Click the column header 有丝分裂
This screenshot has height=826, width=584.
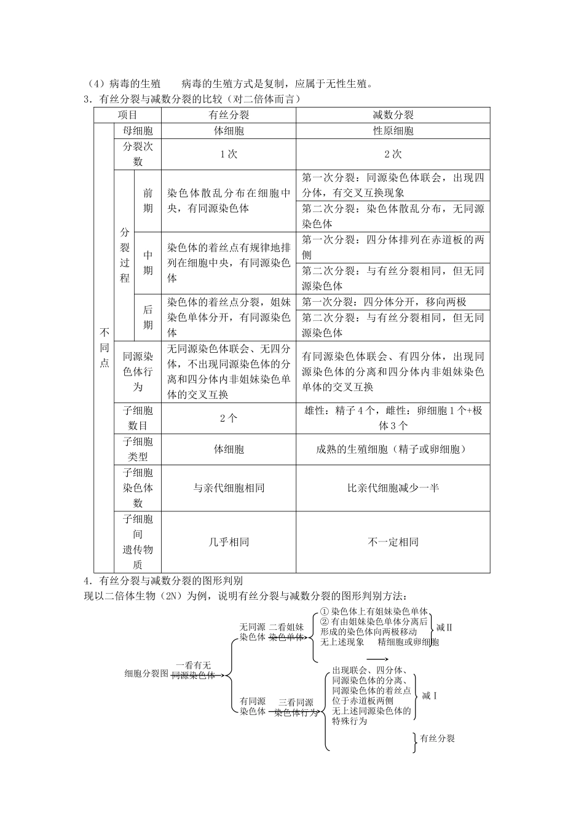coord(229,115)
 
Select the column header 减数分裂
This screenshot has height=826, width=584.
coord(393,115)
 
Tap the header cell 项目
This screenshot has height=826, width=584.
coord(127,115)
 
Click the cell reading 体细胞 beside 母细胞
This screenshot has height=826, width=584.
coord(229,131)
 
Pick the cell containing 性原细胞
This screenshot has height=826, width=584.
coord(393,131)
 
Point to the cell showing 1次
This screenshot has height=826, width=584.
coord(229,154)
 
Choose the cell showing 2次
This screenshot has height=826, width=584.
coord(393,154)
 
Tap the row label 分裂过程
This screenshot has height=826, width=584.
coord(125,255)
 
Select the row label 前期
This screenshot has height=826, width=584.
coord(148,200)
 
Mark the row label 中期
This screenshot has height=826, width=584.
coord(148,262)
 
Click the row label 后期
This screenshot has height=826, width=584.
coord(148,317)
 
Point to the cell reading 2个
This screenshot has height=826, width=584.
coord(229,419)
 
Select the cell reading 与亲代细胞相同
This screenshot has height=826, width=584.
coord(229,488)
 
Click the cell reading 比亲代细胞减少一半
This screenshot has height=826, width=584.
coord(393,488)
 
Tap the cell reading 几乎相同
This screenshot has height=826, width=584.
coord(229,542)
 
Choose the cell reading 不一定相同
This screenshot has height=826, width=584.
coord(393,542)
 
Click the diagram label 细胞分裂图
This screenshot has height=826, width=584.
coord(146,673)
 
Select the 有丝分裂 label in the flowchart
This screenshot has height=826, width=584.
coord(437,738)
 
